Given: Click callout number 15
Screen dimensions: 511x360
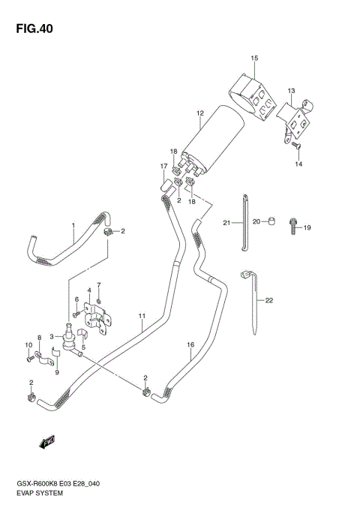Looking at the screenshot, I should tap(254, 58).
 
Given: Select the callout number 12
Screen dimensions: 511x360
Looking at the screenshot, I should tap(200, 114).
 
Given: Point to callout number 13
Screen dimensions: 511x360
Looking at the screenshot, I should tap(291, 90).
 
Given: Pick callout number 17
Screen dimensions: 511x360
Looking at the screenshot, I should tap(163, 167).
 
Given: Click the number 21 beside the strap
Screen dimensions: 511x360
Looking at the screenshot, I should tap(226, 222).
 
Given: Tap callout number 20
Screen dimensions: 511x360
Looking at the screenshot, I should tap(256, 221).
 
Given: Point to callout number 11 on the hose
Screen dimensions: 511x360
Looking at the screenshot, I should tap(140, 315).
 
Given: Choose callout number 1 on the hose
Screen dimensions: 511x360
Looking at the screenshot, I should tap(73, 225).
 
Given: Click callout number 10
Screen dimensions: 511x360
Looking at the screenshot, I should tap(30, 345).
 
